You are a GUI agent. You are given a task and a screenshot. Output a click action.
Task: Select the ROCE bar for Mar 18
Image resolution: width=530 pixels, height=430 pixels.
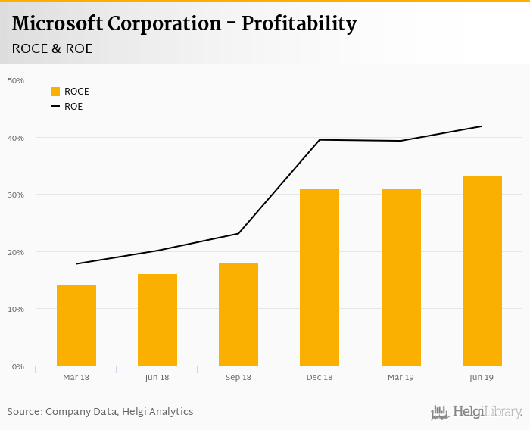click(x=76, y=326)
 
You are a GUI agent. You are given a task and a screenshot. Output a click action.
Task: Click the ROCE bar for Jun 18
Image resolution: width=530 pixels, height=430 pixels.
click(x=157, y=320)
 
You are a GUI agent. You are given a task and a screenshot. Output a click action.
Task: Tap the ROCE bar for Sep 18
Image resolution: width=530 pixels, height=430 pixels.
click(x=238, y=315)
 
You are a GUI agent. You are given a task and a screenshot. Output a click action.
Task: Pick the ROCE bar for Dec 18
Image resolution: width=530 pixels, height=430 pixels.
click(x=320, y=277)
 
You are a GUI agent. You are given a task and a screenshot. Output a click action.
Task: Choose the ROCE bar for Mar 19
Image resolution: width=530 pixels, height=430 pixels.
click(x=401, y=277)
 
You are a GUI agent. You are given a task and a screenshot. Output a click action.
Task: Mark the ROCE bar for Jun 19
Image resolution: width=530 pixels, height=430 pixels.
click(x=482, y=271)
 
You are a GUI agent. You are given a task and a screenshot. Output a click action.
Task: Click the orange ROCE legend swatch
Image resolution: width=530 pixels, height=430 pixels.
click(x=55, y=92)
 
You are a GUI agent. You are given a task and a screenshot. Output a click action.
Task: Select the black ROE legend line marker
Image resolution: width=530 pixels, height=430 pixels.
click(x=55, y=107)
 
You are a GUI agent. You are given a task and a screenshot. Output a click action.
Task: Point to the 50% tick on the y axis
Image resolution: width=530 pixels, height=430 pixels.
click(x=16, y=80)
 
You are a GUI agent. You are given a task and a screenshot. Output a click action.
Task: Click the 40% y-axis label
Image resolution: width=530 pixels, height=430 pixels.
click(x=16, y=138)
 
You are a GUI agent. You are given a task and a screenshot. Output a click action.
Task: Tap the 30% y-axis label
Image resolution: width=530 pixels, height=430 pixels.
click(x=16, y=195)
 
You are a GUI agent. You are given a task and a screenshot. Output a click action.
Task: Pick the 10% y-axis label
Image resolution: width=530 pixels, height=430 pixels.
click(x=16, y=309)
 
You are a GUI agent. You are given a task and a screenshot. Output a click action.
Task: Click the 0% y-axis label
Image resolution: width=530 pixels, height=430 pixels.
click(x=18, y=366)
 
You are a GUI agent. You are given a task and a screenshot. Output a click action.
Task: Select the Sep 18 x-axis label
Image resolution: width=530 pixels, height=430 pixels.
click(x=238, y=377)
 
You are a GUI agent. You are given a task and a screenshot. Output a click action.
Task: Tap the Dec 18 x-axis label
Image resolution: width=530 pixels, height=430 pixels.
click(x=320, y=377)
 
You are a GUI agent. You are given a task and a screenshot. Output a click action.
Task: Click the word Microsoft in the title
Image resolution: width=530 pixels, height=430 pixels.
click(x=58, y=23)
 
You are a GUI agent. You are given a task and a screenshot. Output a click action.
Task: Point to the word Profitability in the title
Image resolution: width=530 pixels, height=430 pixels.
click(x=299, y=23)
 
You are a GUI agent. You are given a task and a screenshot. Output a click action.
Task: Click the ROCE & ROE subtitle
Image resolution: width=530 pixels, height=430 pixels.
click(x=52, y=48)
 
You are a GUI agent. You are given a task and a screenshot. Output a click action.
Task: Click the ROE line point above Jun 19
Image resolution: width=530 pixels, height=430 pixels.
click(x=482, y=126)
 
